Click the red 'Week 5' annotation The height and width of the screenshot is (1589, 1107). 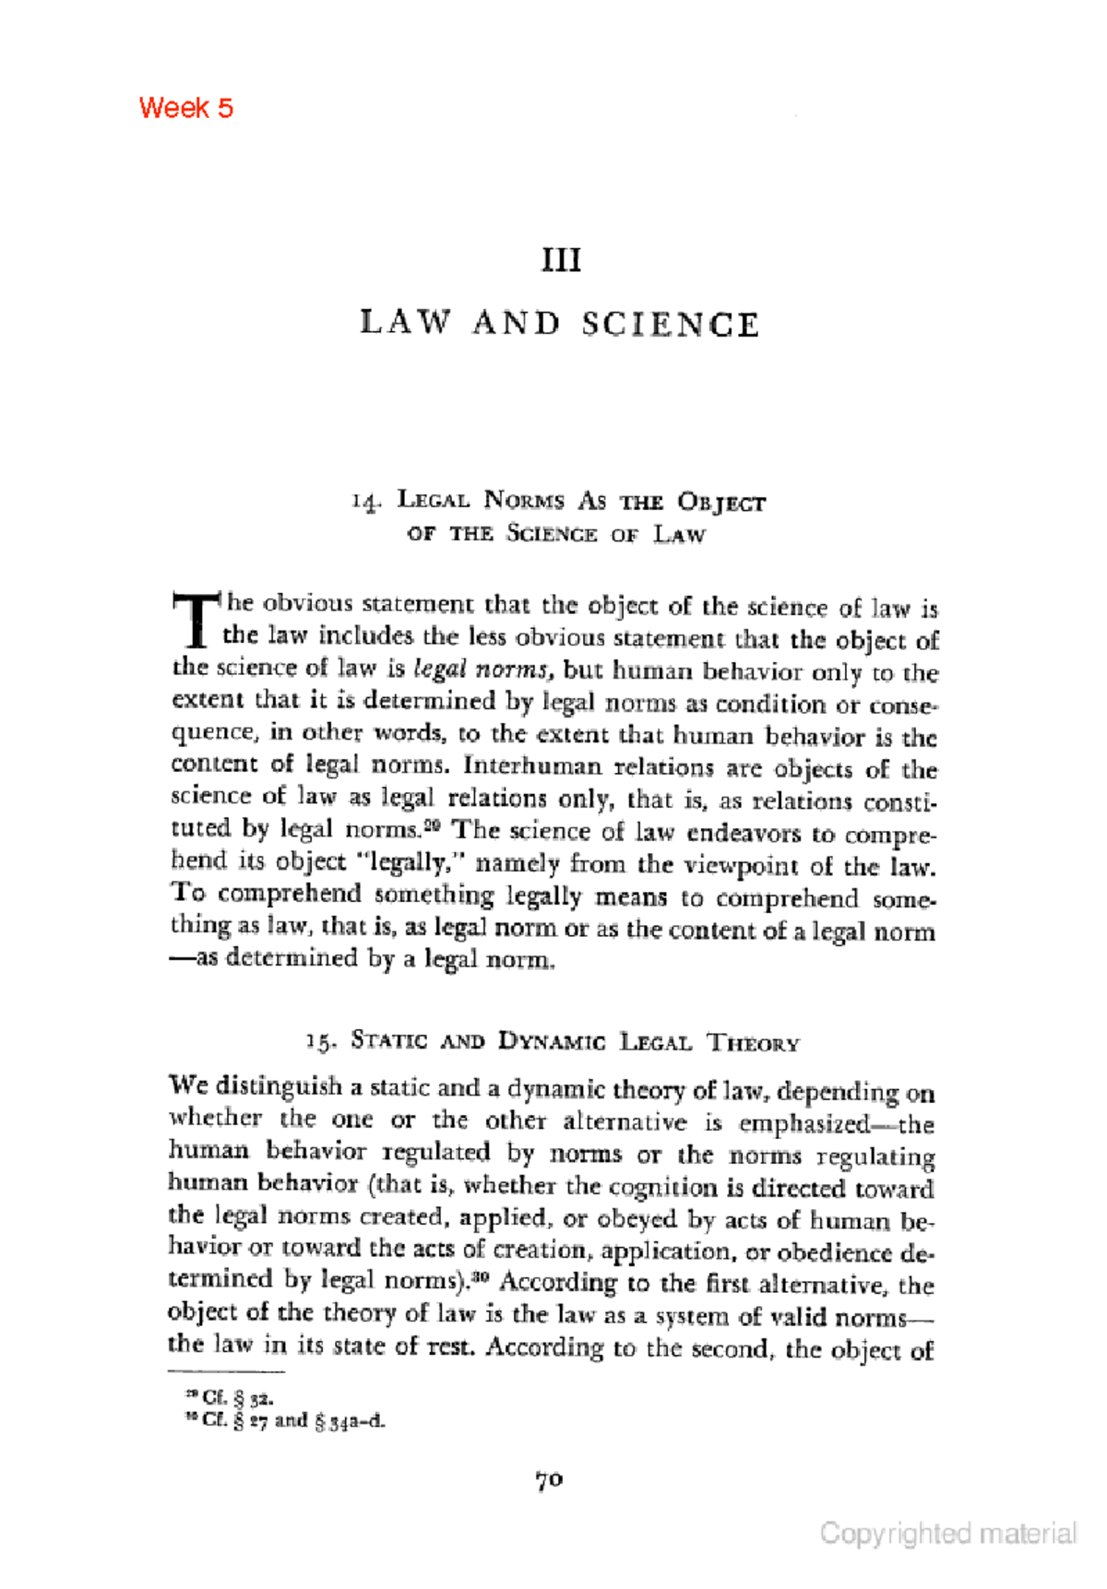tap(185, 108)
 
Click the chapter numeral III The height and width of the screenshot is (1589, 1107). tap(561, 260)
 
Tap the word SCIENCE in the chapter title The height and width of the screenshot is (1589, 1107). tap(671, 325)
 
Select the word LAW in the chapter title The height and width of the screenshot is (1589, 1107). tap(406, 323)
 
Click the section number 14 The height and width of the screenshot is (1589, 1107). tap(365, 502)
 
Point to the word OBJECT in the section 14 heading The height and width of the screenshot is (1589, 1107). tap(720, 503)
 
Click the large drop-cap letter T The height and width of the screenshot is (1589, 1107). tap(196, 620)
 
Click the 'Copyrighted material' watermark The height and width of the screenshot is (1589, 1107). tap(948, 1534)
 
